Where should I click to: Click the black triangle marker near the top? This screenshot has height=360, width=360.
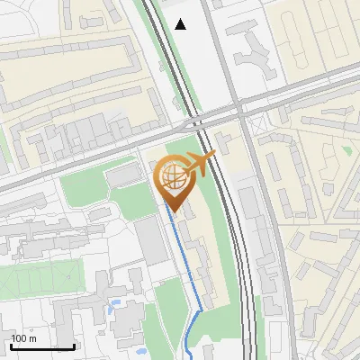(181, 24)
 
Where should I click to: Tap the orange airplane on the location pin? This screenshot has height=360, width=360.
(199, 166)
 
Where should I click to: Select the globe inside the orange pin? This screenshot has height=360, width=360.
(171, 179)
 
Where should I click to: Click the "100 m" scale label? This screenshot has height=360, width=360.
(23, 338)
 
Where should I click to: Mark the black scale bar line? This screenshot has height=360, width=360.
(41, 346)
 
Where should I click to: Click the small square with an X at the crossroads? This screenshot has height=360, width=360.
(191, 122)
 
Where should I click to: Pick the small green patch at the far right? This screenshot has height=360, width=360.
(346, 148)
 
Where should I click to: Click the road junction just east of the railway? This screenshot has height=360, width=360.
(240, 110)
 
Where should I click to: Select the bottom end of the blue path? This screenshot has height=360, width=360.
(186, 354)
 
